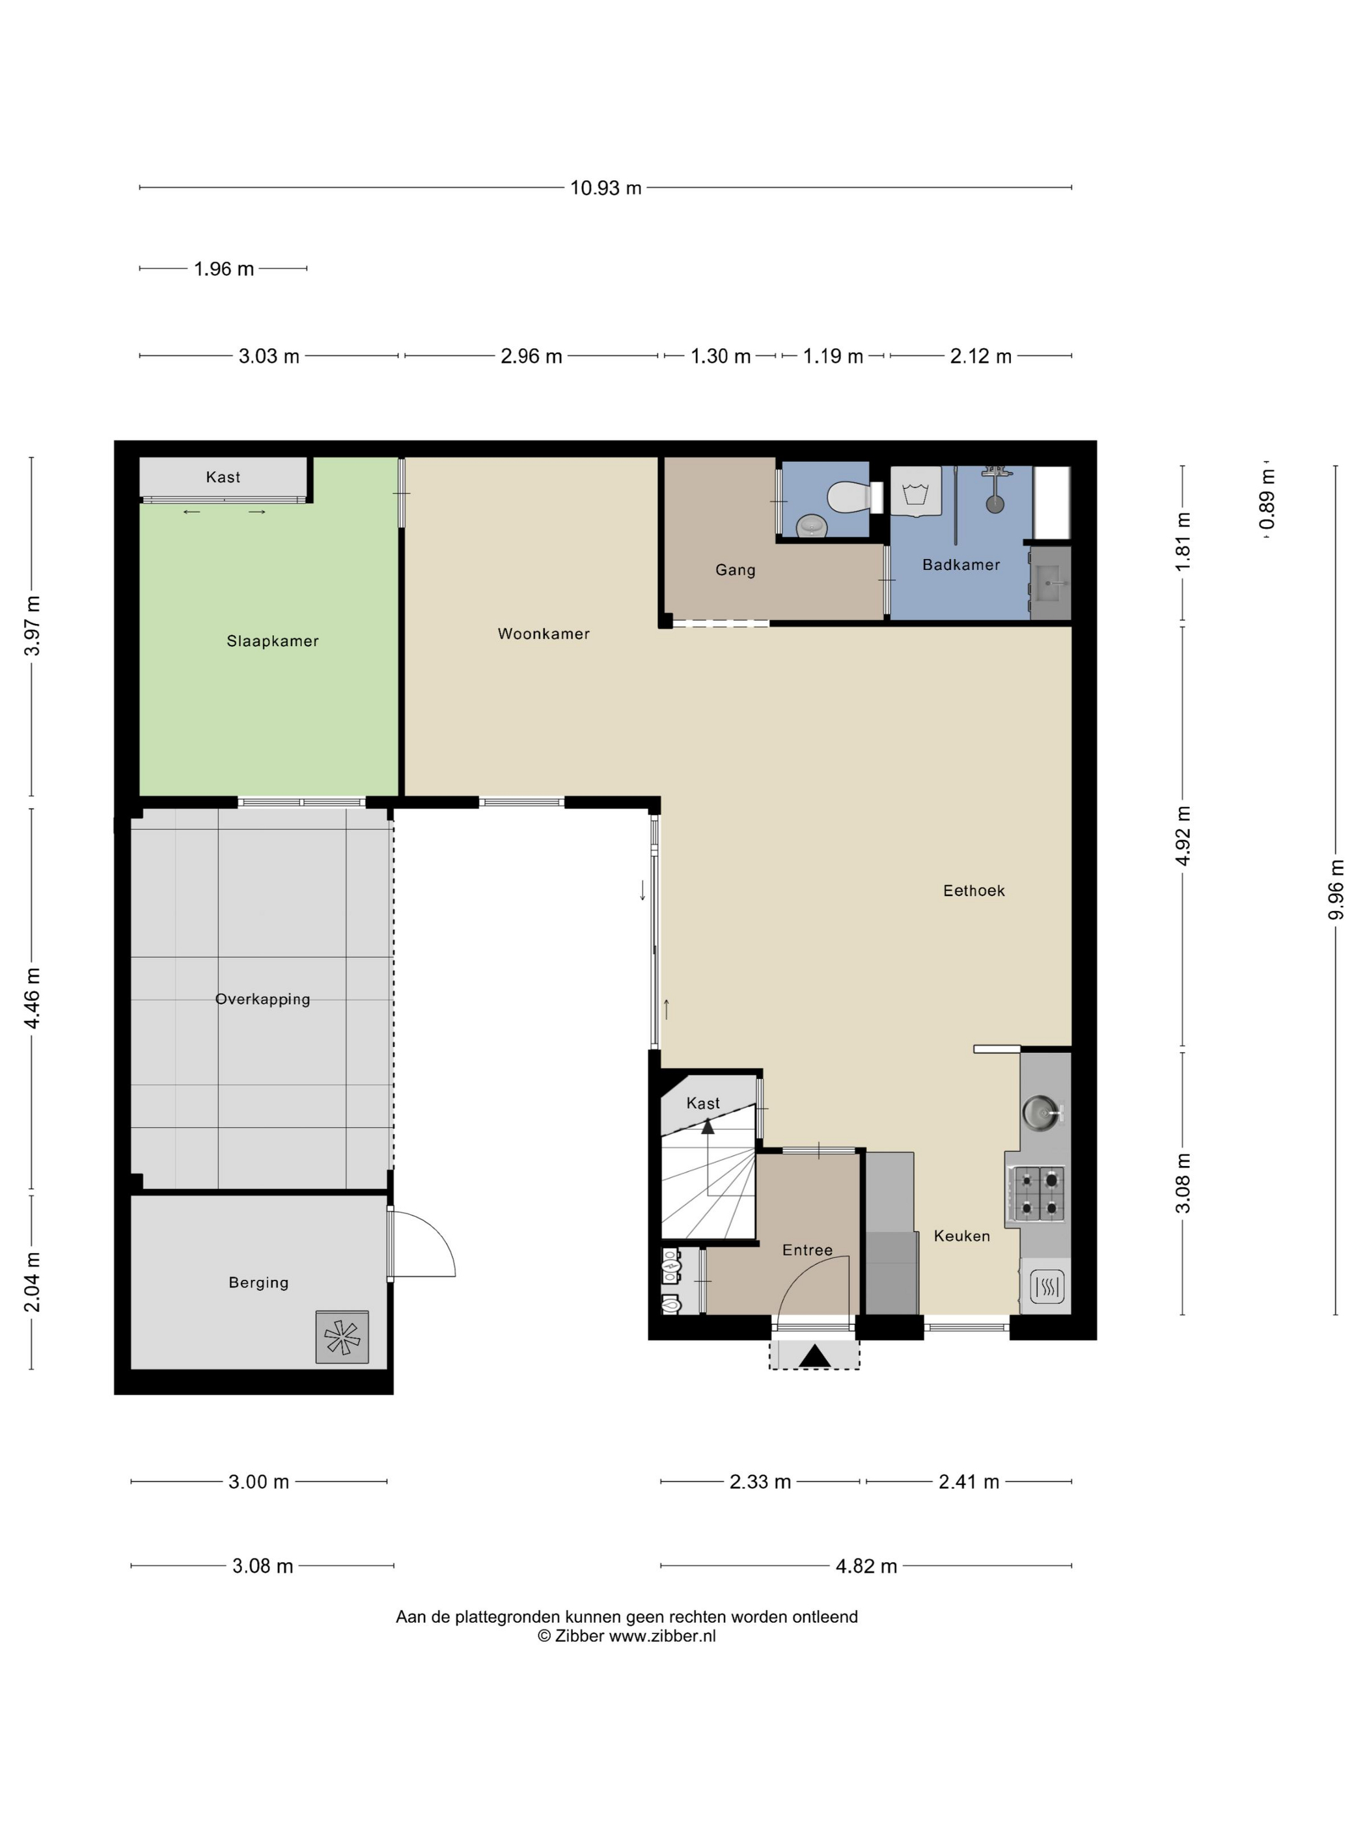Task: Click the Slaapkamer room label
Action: tap(272, 641)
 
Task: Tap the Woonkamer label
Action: tap(543, 633)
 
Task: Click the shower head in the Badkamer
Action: tap(995, 503)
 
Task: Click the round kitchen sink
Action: tap(1040, 1112)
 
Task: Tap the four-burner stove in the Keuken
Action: tap(1034, 1193)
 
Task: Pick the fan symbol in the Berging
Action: tap(341, 1336)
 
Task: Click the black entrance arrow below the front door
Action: tap(814, 1356)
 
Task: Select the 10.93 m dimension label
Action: tap(605, 188)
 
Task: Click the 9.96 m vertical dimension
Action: tap(1336, 890)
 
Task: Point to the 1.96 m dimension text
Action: tap(223, 269)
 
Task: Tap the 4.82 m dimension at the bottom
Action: tap(866, 1566)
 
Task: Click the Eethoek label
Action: tap(974, 890)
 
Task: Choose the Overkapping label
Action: tap(262, 999)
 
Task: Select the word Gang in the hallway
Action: tap(735, 570)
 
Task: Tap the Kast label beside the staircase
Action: tap(703, 1103)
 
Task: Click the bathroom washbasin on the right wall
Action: tap(1051, 583)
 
